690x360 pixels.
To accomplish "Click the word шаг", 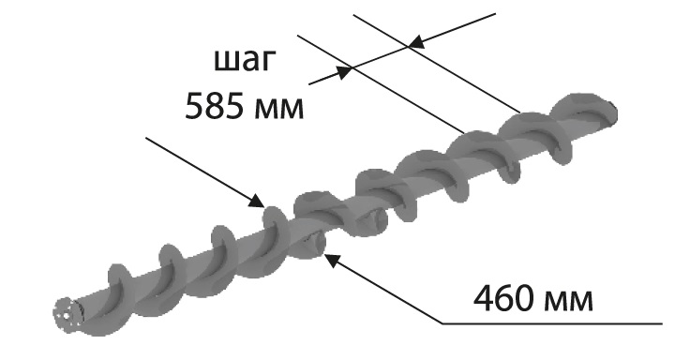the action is [245, 62].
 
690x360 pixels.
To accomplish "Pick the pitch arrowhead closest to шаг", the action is [345, 71].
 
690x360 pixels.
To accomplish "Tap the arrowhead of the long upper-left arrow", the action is [257, 201].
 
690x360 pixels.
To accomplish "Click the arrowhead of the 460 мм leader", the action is [332, 260].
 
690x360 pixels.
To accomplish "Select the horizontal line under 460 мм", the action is [552, 323].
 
